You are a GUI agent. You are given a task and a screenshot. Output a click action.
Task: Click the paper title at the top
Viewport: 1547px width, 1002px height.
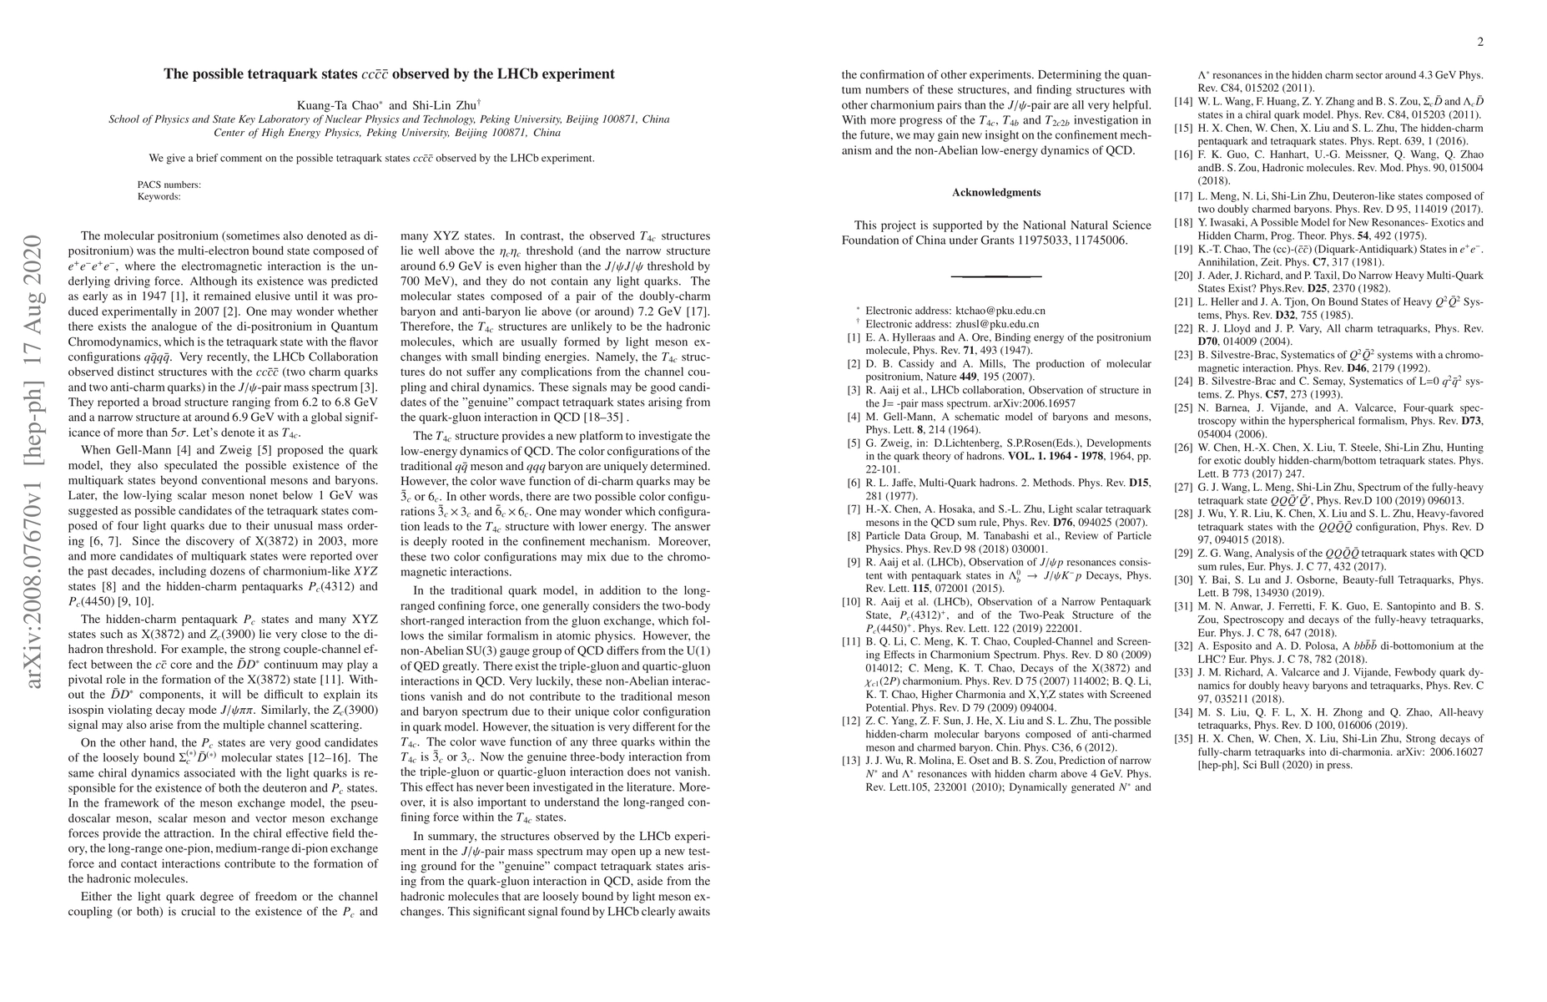coord(389,74)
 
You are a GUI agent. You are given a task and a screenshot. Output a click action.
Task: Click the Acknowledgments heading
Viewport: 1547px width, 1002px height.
coord(996,193)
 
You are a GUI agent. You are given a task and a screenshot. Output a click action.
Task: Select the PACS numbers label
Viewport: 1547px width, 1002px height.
coord(169,185)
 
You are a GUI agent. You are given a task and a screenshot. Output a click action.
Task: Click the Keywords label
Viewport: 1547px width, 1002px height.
coord(159,197)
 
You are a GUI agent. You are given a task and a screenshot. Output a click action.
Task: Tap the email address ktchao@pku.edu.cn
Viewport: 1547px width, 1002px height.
coord(1000,311)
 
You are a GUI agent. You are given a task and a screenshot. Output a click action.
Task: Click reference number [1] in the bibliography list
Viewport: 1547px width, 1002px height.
coord(854,338)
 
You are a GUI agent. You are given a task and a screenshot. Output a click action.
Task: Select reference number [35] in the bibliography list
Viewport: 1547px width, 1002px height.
coord(1182,738)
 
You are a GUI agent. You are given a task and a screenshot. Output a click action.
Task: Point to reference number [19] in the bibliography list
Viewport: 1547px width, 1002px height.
coord(1182,249)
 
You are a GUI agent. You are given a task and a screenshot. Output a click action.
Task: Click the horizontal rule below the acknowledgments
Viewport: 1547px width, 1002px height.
coord(996,276)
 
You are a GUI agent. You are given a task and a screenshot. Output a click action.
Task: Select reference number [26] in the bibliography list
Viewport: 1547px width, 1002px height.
coord(1182,448)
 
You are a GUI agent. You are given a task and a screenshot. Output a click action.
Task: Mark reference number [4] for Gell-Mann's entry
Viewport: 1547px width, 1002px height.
coord(854,417)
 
